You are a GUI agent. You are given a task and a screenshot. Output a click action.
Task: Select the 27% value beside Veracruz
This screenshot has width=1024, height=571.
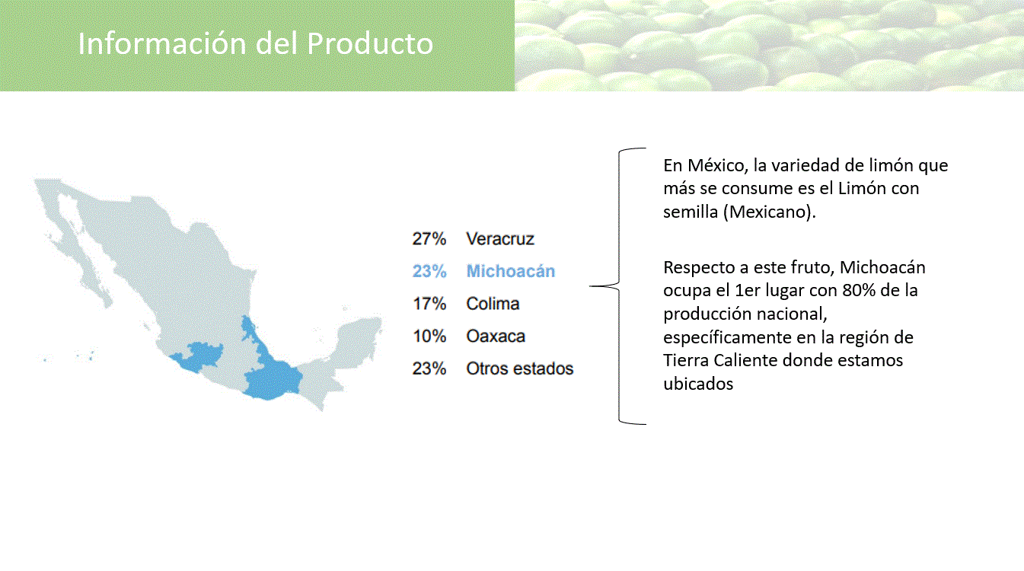pyautogui.click(x=429, y=239)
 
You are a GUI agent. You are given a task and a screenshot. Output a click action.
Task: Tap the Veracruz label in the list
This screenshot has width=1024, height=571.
pyautogui.click(x=500, y=239)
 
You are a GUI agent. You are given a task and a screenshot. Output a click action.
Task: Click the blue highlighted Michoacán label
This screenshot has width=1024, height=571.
pyautogui.click(x=510, y=271)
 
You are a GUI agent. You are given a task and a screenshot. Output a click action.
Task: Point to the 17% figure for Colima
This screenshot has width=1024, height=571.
pyautogui.click(x=429, y=304)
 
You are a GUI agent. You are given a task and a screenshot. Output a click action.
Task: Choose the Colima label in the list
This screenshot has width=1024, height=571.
pyautogui.click(x=493, y=304)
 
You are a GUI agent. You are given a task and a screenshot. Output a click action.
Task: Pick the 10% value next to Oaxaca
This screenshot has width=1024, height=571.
pyautogui.click(x=429, y=336)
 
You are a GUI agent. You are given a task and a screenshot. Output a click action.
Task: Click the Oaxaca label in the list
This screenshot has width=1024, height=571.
pyautogui.click(x=496, y=336)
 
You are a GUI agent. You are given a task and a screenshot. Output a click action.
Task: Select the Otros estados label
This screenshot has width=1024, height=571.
pyautogui.click(x=519, y=368)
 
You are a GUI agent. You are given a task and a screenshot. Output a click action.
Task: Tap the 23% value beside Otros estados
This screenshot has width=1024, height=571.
pyautogui.click(x=429, y=368)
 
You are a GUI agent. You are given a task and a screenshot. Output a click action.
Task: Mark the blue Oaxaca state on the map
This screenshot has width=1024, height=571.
pyautogui.click(x=270, y=381)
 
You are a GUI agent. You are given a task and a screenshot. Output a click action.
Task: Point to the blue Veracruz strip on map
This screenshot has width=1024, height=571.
pyautogui.click(x=251, y=335)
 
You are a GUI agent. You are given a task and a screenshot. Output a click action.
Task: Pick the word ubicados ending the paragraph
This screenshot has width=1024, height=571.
pyautogui.click(x=698, y=384)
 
